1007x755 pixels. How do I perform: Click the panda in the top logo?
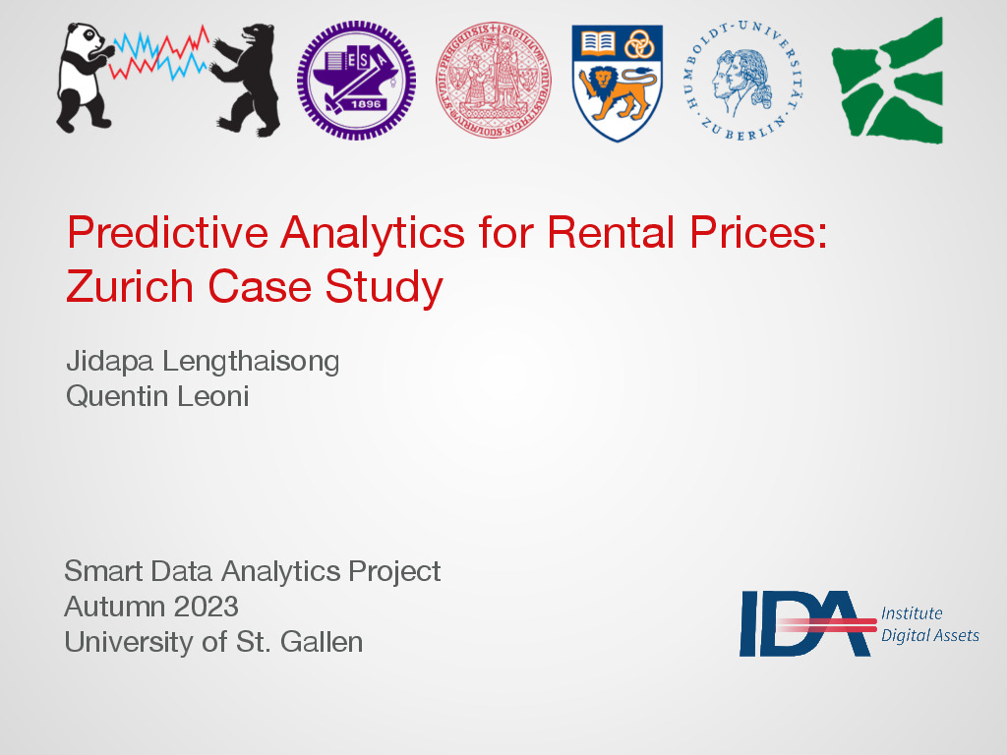pyautogui.click(x=83, y=77)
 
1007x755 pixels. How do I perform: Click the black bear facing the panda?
pyautogui.click(x=246, y=80)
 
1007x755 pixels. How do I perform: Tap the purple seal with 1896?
pyautogui.click(x=356, y=81)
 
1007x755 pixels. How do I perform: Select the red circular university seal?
pyautogui.click(x=494, y=80)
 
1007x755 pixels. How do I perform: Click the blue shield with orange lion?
pyautogui.click(x=617, y=83)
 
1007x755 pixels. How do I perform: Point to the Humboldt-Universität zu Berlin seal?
pyautogui.click(x=743, y=81)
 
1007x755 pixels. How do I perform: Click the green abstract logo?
pyautogui.click(x=888, y=81)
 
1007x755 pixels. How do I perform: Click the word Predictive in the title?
pyautogui.click(x=167, y=232)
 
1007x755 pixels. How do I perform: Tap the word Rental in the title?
pyautogui.click(x=611, y=232)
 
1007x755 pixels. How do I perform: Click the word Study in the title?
pyautogui.click(x=385, y=287)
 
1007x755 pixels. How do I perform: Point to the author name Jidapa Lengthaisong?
pyautogui.click(x=203, y=362)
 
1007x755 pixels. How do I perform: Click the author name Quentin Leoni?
pyautogui.click(x=157, y=396)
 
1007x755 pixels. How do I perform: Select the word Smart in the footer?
pyautogui.click(x=103, y=571)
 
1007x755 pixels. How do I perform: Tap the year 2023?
pyautogui.click(x=206, y=607)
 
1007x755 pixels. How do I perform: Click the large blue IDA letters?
pyautogui.click(x=805, y=623)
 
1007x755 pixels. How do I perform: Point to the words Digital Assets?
pyautogui.click(x=930, y=636)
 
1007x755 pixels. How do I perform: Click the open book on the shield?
pyautogui.click(x=598, y=43)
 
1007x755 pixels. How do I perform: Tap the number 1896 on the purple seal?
pyautogui.click(x=366, y=104)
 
